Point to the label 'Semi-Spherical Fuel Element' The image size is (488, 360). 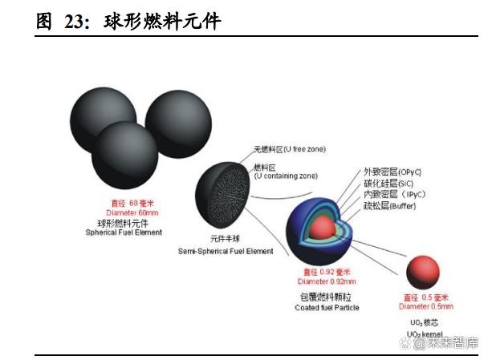(x=225, y=251)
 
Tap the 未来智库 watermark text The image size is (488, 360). (x=449, y=342)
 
